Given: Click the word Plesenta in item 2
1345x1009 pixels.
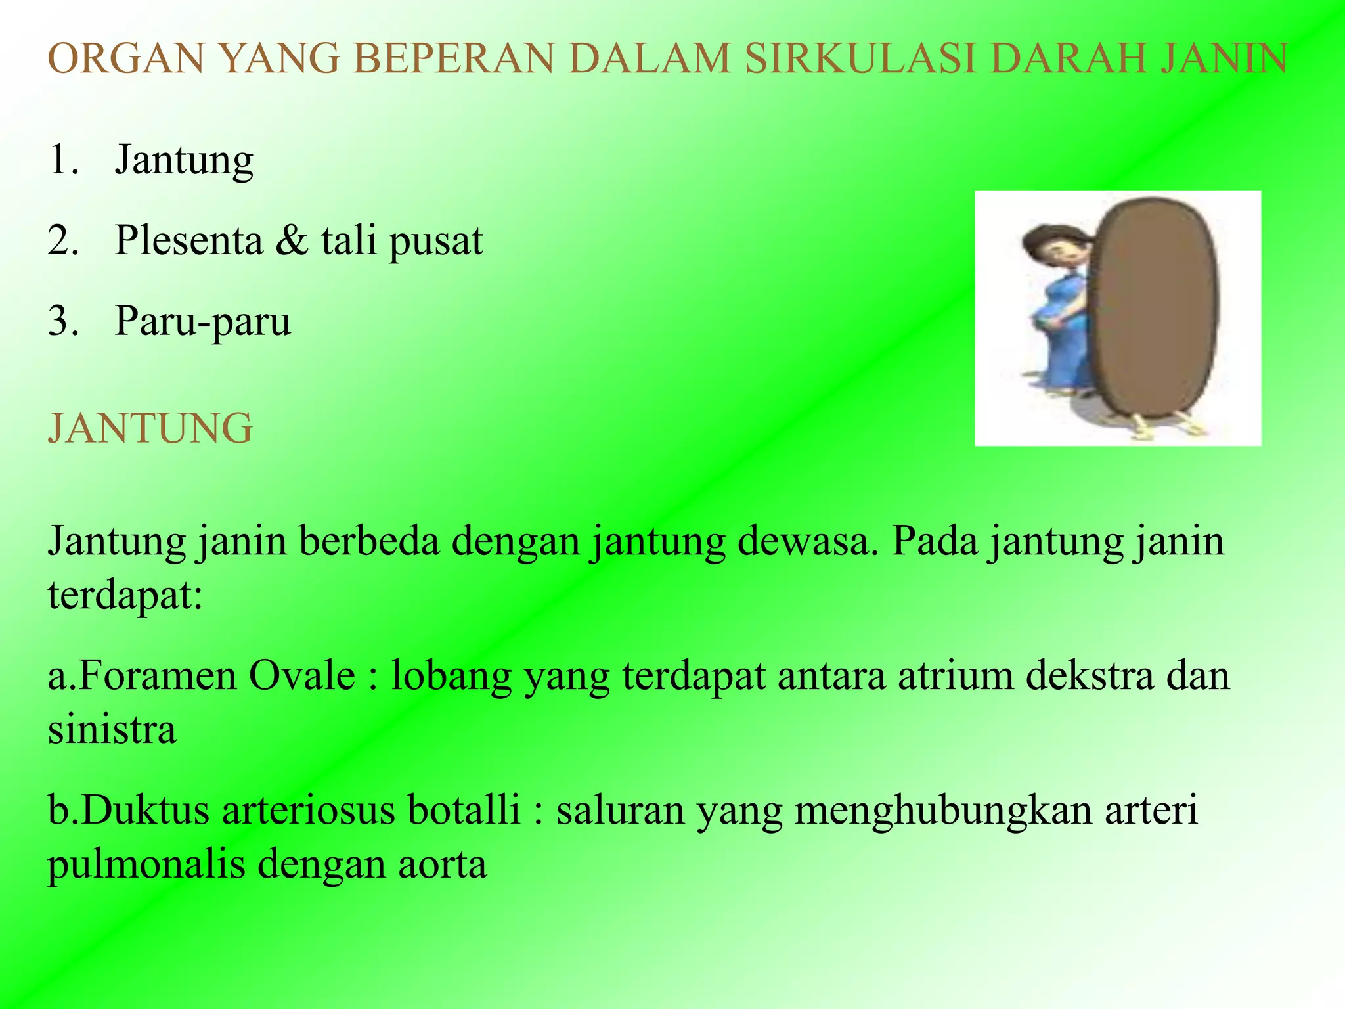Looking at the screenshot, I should click(189, 240).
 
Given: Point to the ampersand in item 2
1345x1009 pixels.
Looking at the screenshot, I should click(292, 240).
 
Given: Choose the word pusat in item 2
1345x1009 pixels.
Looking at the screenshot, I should click(436, 242).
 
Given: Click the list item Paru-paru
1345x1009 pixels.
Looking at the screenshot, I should click(202, 322).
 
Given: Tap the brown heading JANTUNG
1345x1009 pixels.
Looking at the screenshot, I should click(150, 429).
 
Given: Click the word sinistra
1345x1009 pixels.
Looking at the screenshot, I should click(112, 730).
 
